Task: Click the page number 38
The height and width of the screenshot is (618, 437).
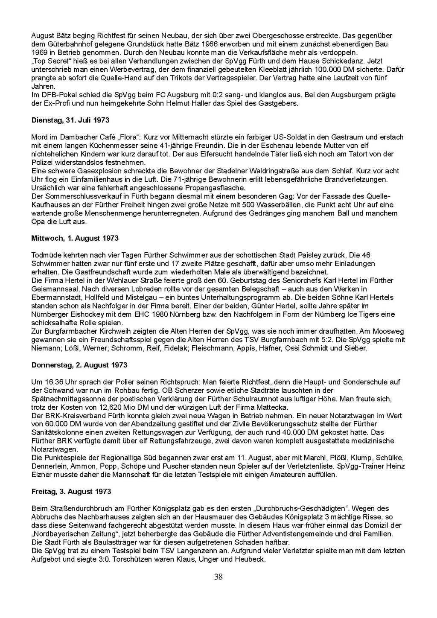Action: pyautogui.click(x=218, y=577)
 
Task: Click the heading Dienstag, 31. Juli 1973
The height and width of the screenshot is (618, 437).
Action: pyautogui.click(x=70, y=120)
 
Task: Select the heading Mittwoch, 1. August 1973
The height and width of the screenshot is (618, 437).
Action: pyautogui.click(x=75, y=238)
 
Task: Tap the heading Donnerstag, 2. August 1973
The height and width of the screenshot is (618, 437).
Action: pyautogui.click(x=79, y=365)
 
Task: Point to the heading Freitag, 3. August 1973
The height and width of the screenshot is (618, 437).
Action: pyautogui.click(x=71, y=492)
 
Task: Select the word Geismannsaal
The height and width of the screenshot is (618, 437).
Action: pyautogui.click(x=52, y=289)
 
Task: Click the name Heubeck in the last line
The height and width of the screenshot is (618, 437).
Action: pyautogui.click(x=252, y=559)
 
